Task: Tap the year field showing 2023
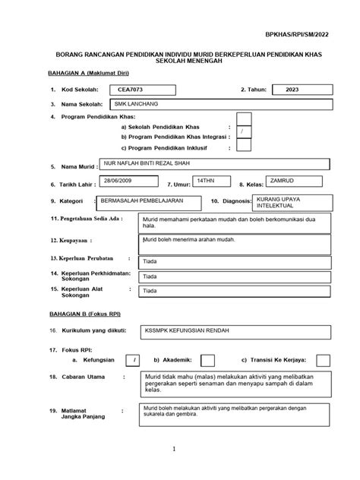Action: [x=292, y=90]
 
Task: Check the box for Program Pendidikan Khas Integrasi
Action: [x=243, y=132]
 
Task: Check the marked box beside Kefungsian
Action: [x=133, y=360]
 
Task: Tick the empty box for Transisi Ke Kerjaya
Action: [x=323, y=360]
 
